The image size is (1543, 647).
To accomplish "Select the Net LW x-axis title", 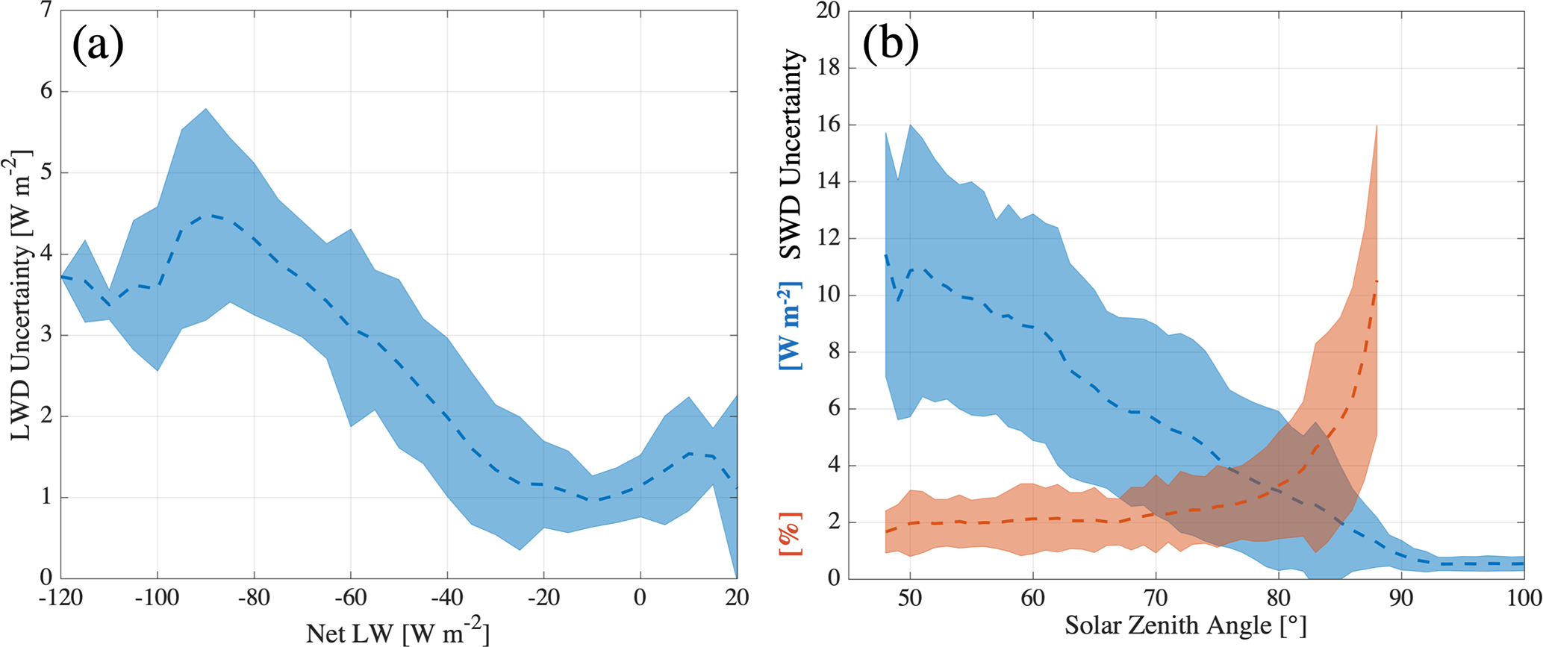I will (397, 633).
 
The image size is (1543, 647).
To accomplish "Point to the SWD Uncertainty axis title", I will (791, 154).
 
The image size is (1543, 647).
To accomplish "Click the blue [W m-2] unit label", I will (791, 325).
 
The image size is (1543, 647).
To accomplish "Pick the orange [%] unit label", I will (791, 534).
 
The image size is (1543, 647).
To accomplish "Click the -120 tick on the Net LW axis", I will (60, 598).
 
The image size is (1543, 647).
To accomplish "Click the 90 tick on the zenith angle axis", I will (1401, 598).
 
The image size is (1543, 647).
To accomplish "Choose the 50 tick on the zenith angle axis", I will (910, 598).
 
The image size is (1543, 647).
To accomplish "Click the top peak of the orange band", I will (1376, 126).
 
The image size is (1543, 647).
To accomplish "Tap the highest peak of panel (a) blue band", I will (205, 109).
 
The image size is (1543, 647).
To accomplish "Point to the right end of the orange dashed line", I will (1376, 281).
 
